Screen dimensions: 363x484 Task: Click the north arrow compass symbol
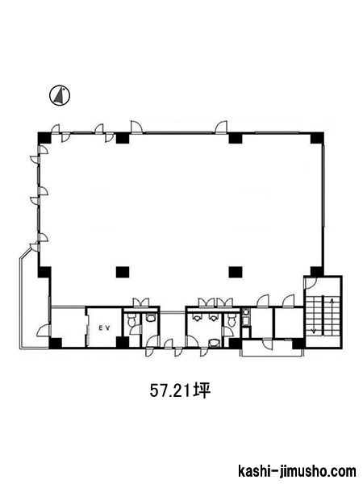60,95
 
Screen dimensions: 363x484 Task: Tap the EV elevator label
105,328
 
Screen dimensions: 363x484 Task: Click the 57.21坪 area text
180,390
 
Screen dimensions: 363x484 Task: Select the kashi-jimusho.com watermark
297,472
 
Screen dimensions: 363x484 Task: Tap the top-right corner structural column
317,138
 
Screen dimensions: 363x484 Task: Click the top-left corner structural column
44,138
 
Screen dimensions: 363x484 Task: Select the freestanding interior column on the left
123,272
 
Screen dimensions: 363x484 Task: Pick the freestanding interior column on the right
236,272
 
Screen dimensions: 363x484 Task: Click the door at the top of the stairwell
311,283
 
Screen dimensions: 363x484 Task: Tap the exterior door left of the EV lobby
44,331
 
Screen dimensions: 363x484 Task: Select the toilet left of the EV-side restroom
131,320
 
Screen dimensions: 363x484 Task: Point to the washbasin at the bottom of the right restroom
213,343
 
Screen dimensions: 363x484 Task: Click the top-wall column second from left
123,138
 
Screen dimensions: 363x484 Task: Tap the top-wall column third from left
236,138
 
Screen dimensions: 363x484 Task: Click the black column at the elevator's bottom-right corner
123,342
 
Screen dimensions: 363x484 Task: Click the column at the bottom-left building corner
56,343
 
